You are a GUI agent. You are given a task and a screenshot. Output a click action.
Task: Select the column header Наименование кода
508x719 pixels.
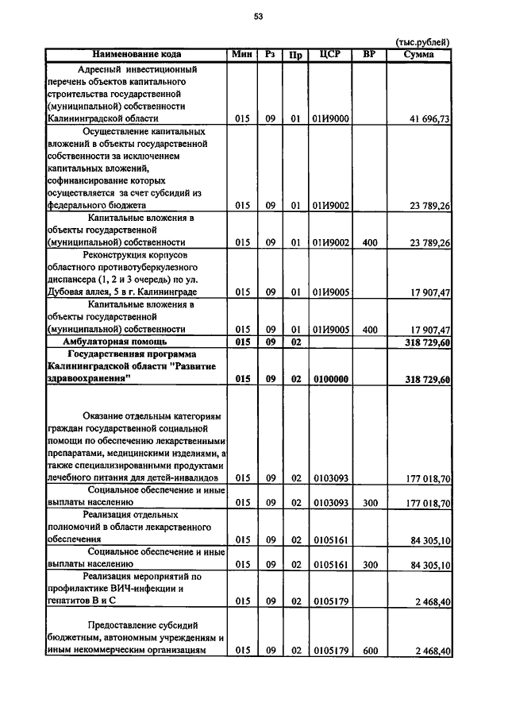[x=137, y=54]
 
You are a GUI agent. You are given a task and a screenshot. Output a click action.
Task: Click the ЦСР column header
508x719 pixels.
[x=329, y=54]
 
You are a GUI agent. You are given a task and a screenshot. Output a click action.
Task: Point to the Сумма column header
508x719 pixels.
[x=418, y=54]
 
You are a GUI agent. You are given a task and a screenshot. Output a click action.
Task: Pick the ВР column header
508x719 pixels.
[x=369, y=54]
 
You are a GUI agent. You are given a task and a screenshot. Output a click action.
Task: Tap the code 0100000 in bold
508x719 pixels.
[x=331, y=380]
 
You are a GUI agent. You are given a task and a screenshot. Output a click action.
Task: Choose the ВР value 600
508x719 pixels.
[x=369, y=651]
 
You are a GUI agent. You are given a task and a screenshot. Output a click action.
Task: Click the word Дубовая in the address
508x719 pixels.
[x=68, y=292]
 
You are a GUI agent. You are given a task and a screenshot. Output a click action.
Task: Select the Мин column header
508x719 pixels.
[x=242, y=54]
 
